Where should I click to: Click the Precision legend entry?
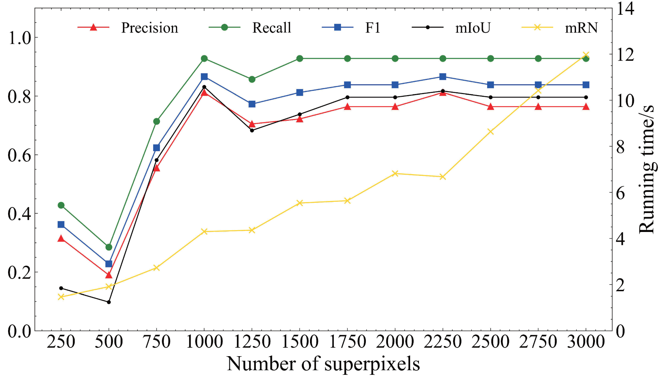(x=149, y=28)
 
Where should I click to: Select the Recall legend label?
(x=272, y=28)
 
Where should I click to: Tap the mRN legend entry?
(x=581, y=28)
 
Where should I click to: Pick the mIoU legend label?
(x=473, y=28)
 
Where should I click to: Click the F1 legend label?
(x=373, y=28)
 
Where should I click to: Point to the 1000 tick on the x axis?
(x=204, y=341)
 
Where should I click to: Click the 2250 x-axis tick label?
(x=443, y=341)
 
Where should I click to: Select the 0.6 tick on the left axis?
(x=20, y=155)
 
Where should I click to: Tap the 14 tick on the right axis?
(x=626, y=8)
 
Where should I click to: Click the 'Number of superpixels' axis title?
(x=323, y=364)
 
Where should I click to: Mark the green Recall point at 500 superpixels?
(x=109, y=247)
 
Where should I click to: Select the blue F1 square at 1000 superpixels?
(x=204, y=77)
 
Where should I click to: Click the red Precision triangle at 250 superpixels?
(x=61, y=239)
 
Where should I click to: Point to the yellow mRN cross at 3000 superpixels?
(x=586, y=55)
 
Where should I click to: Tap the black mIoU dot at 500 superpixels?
(x=109, y=302)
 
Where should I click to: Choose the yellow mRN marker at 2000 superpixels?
(x=395, y=173)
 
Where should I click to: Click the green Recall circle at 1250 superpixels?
(x=252, y=79)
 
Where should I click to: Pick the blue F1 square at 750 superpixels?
(x=156, y=148)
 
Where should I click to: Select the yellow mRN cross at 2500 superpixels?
(x=491, y=132)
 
